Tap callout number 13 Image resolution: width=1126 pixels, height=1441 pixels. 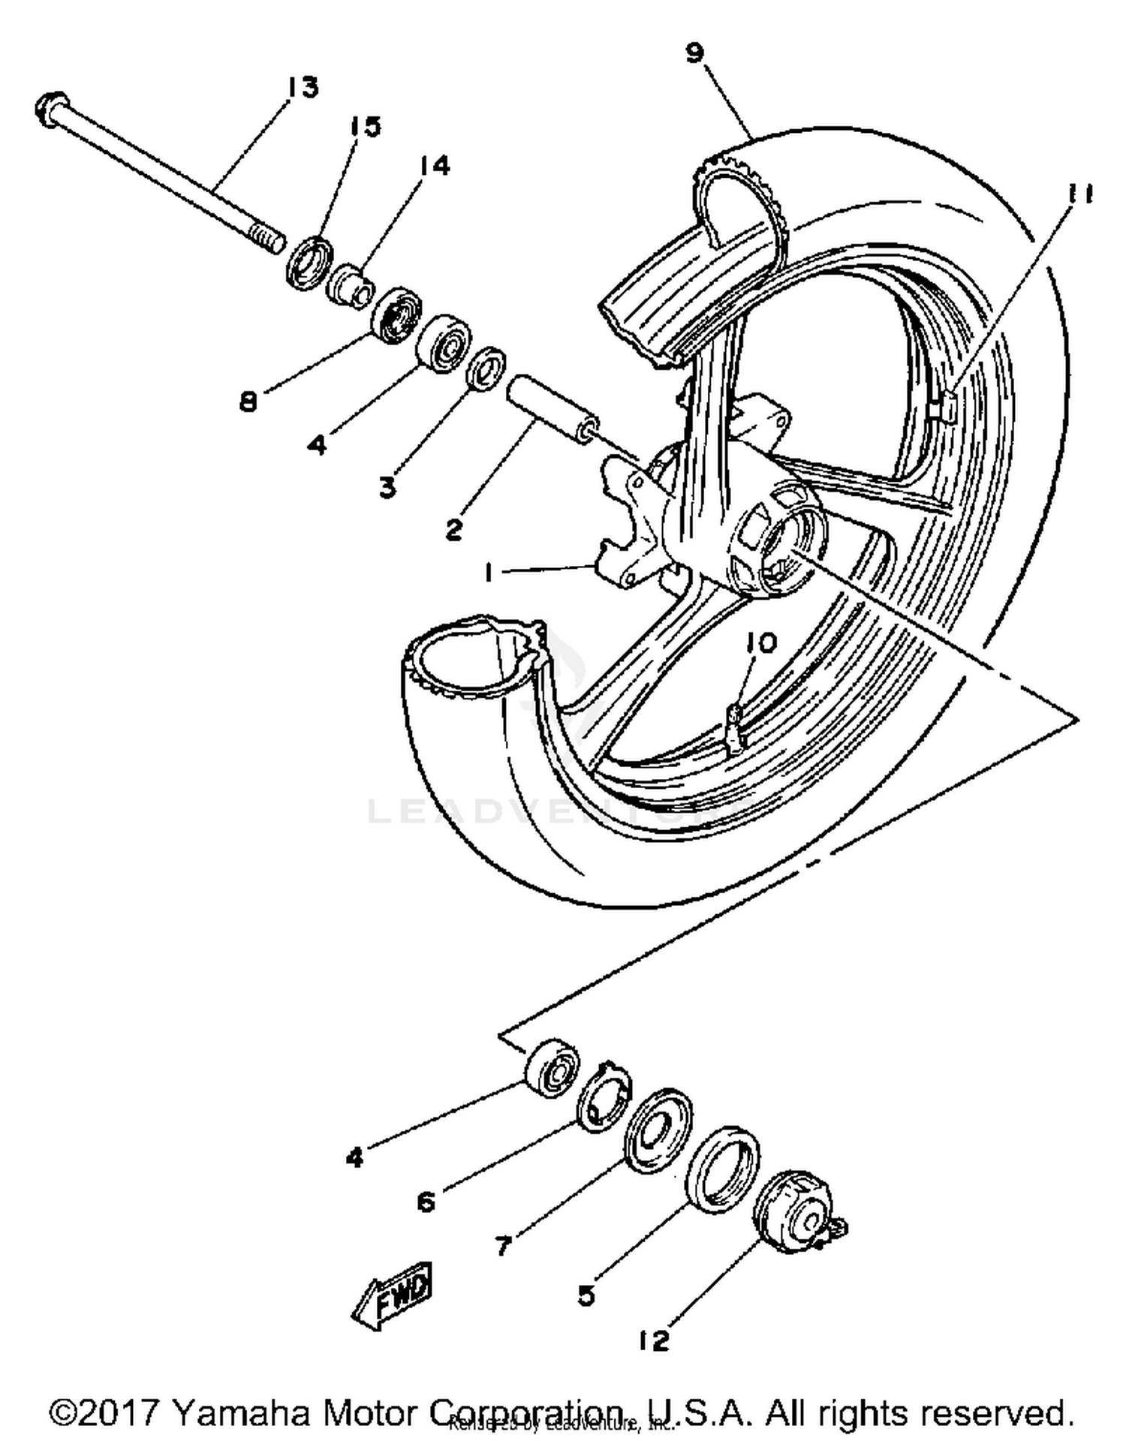tap(303, 88)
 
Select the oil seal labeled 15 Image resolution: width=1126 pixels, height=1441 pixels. tap(310, 262)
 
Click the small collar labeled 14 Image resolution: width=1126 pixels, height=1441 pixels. tap(351, 286)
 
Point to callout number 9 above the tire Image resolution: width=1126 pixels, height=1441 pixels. tap(695, 53)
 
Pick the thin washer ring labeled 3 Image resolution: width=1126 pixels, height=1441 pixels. tap(486, 368)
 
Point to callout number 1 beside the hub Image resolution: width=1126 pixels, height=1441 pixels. tap(489, 573)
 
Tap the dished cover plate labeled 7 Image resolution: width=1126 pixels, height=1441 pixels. tap(657, 1130)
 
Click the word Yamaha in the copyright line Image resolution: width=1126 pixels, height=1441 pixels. tap(242, 1412)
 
